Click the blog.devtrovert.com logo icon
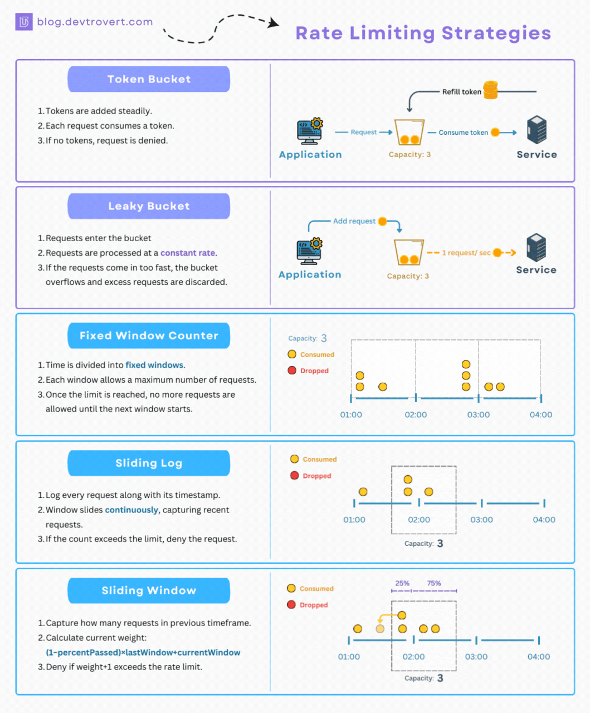(24, 22)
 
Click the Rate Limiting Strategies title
(423, 33)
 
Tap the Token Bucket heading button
(149, 79)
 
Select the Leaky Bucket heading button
(149, 206)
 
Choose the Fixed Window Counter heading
(149, 335)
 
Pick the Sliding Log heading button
(149, 463)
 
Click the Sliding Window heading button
(149, 590)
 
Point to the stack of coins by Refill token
(490, 90)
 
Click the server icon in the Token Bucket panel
(537, 130)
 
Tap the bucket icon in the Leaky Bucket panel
(409, 252)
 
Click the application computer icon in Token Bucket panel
(310, 131)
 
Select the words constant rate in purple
(188, 253)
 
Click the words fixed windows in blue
(154, 365)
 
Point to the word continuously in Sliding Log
(131, 510)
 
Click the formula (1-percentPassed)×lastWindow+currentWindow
(143, 652)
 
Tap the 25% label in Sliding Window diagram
(402, 583)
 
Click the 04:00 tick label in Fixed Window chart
(540, 415)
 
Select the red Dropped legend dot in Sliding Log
(295, 476)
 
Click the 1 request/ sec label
(466, 253)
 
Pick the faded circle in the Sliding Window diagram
(380, 629)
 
